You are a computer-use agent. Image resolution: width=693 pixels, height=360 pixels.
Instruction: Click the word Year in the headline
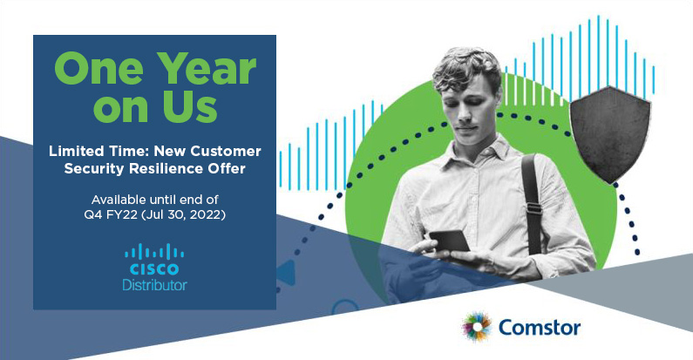pos(207,69)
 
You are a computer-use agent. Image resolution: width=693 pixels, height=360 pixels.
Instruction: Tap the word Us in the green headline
pos(191,106)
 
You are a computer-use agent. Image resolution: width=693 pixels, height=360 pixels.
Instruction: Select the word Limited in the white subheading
pos(71,151)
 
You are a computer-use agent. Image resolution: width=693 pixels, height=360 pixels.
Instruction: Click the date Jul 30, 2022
pos(182,215)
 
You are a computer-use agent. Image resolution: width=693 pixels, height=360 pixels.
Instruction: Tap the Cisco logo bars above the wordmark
pos(154,252)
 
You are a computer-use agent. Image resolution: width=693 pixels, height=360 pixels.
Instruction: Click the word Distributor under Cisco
pos(154,285)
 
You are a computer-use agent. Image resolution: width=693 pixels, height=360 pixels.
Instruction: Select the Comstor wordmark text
pos(540,328)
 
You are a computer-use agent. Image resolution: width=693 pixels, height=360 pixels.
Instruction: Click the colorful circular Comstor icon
pos(477,328)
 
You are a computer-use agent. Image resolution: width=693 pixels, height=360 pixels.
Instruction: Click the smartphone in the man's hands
pos(450,241)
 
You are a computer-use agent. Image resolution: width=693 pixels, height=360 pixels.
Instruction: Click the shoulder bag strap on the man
pos(532,203)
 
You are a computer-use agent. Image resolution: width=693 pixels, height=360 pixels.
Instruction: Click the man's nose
pos(464,116)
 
